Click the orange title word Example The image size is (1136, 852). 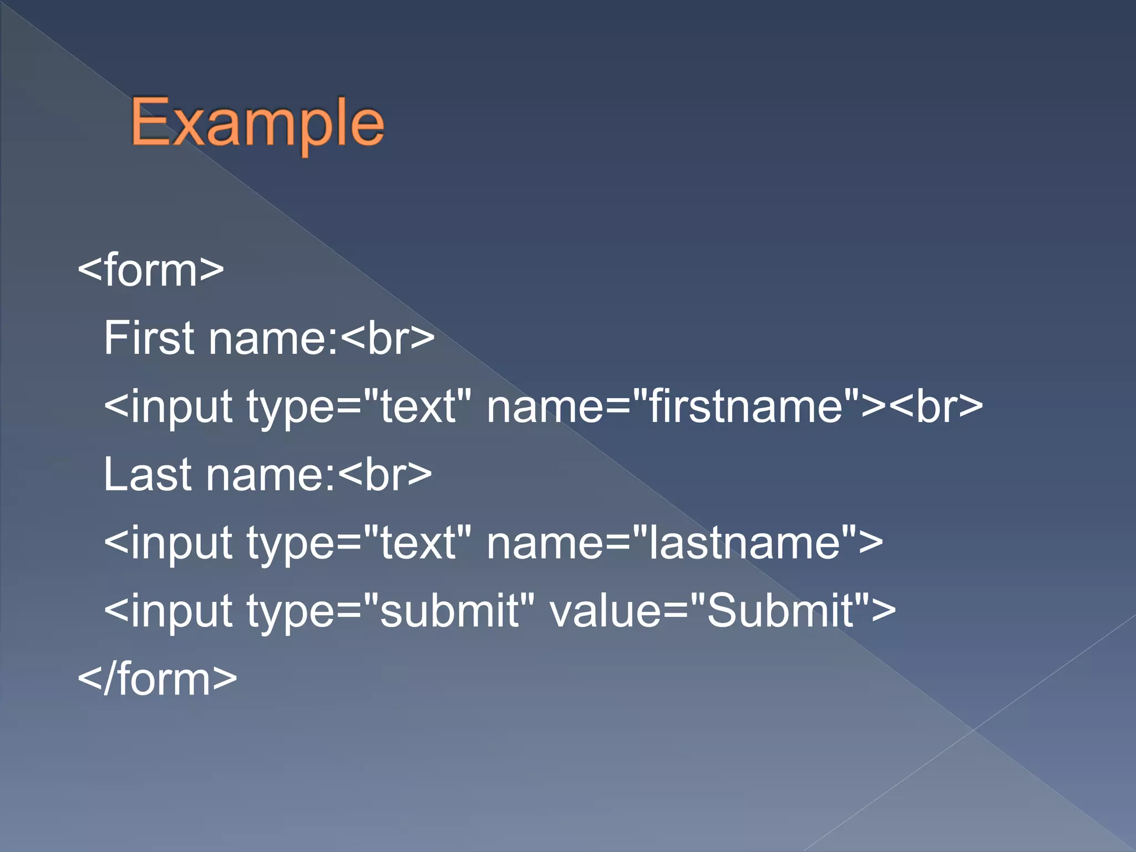pos(257,124)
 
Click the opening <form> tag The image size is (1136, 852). pos(151,270)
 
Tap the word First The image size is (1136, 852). pos(149,338)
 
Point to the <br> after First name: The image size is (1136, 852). pos(388,338)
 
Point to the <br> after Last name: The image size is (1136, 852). pos(385,474)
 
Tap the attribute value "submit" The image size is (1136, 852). pos(450,611)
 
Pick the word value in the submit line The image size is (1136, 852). pos(605,611)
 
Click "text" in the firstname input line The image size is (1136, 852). pos(418,406)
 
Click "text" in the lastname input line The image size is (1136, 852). pos(418,542)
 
